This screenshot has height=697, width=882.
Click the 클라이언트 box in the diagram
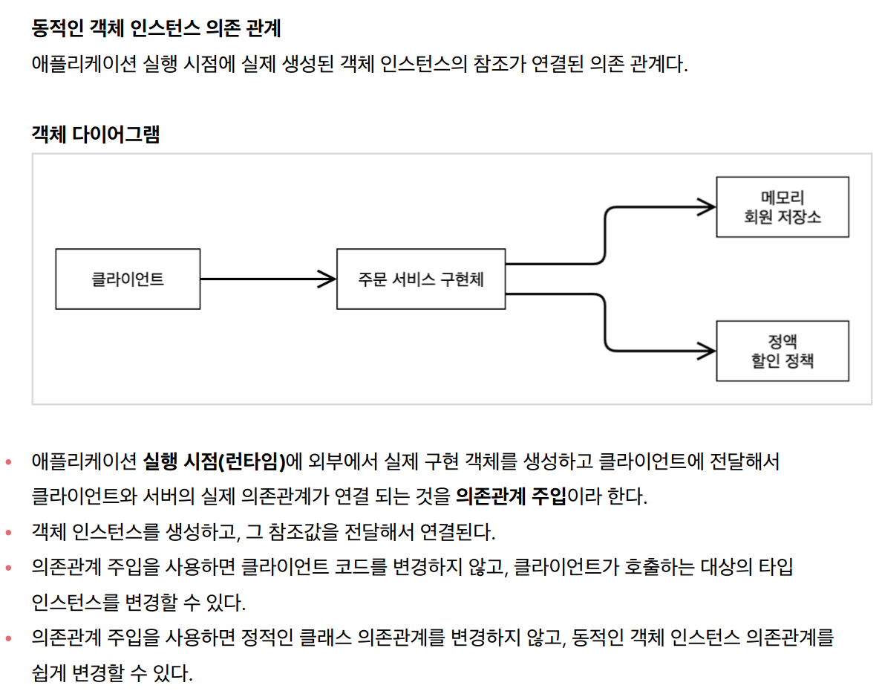coord(128,279)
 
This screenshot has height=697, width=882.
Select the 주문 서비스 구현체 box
coord(421,279)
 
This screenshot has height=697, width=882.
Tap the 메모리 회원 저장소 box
coord(782,207)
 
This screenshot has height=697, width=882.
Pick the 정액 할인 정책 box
coord(782,351)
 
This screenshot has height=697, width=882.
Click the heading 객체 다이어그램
coord(96,134)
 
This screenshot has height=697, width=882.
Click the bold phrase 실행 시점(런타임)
coord(215,461)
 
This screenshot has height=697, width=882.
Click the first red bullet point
coord(9,462)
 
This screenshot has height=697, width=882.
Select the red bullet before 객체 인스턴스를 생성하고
coord(9,532)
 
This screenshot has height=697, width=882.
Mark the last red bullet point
coord(9,638)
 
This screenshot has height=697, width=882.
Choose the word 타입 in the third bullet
coord(776,568)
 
